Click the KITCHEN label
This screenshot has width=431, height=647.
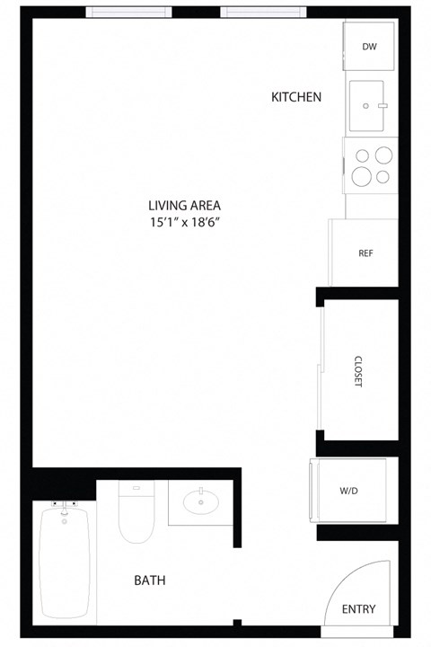click(x=296, y=96)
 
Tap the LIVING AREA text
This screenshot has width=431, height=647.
click(x=185, y=205)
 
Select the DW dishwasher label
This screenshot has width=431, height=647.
click(x=369, y=47)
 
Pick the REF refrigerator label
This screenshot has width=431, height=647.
click(x=365, y=253)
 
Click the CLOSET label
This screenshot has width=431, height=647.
click(x=357, y=370)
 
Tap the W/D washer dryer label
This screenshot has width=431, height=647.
click(x=349, y=492)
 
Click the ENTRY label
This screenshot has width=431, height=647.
click(x=359, y=609)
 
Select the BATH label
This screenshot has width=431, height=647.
click(x=150, y=581)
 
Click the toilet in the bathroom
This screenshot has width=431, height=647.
click(x=136, y=517)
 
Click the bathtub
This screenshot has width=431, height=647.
click(x=66, y=563)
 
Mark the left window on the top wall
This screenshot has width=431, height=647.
click(x=128, y=13)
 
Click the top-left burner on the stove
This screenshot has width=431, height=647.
click(x=363, y=155)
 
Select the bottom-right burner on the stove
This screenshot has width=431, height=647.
click(x=383, y=176)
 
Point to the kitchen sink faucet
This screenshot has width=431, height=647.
click(x=382, y=106)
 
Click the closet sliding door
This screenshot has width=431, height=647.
click(x=320, y=368)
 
